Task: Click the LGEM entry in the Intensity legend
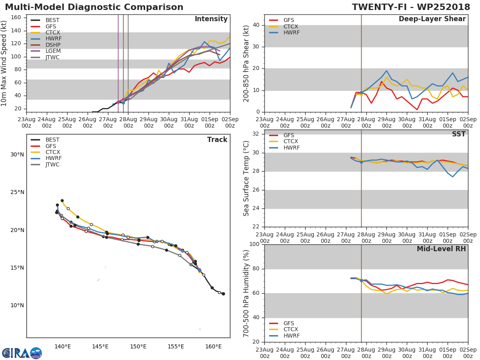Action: [52, 51]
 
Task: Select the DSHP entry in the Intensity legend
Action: [52, 45]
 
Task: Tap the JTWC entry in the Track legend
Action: [52, 164]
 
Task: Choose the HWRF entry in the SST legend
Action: [291, 148]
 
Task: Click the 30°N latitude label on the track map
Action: [17, 155]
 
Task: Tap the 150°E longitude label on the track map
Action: [138, 346]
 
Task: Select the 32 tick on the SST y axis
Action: [255, 134]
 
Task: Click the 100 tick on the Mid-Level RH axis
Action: [253, 244]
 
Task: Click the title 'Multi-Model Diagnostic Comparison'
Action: [94, 7]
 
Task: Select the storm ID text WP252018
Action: [447, 7]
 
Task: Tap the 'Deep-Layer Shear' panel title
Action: [432, 19]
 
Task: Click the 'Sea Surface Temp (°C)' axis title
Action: [246, 178]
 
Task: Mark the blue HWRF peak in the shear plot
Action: [386, 71]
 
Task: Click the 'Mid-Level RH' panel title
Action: [441, 249]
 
